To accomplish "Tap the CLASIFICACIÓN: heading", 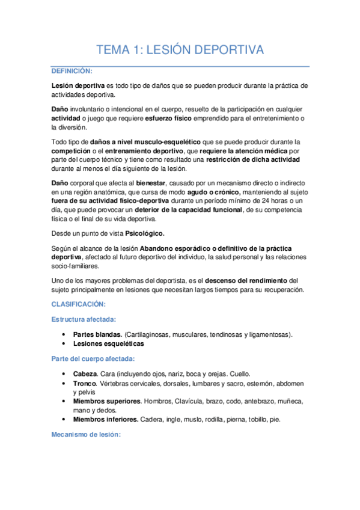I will [x=78, y=304].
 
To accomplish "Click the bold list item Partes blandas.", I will [x=97, y=334].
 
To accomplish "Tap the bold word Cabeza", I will [x=85, y=373].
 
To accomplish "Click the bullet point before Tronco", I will [x=64, y=383].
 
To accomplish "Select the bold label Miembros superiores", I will [x=108, y=401].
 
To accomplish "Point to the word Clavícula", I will [x=192, y=401].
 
